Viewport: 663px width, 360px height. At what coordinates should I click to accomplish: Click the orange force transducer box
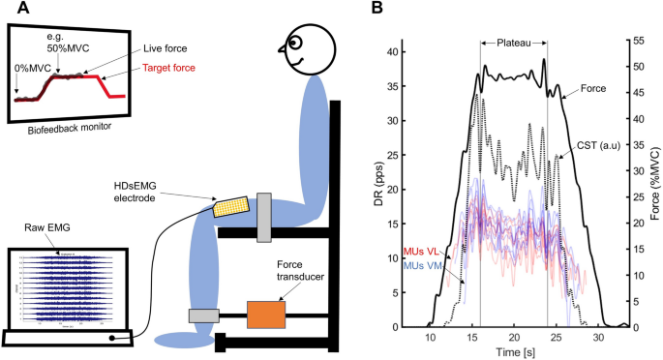click(265, 315)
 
